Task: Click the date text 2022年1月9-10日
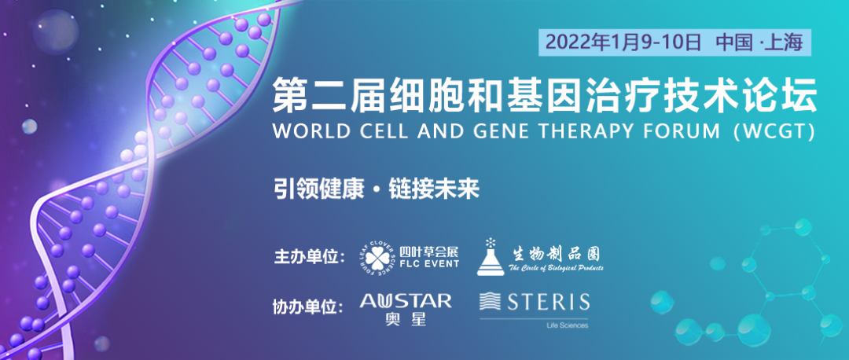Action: (x=623, y=42)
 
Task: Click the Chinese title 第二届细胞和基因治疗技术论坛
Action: (x=544, y=95)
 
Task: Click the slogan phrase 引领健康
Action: (x=318, y=189)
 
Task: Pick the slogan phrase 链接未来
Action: (x=434, y=189)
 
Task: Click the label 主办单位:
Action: (x=309, y=256)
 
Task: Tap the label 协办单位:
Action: (x=308, y=307)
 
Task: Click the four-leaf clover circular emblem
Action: (x=378, y=256)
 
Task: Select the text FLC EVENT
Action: (x=429, y=263)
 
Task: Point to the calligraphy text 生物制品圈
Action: (x=554, y=253)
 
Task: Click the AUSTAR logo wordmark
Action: (x=406, y=300)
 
